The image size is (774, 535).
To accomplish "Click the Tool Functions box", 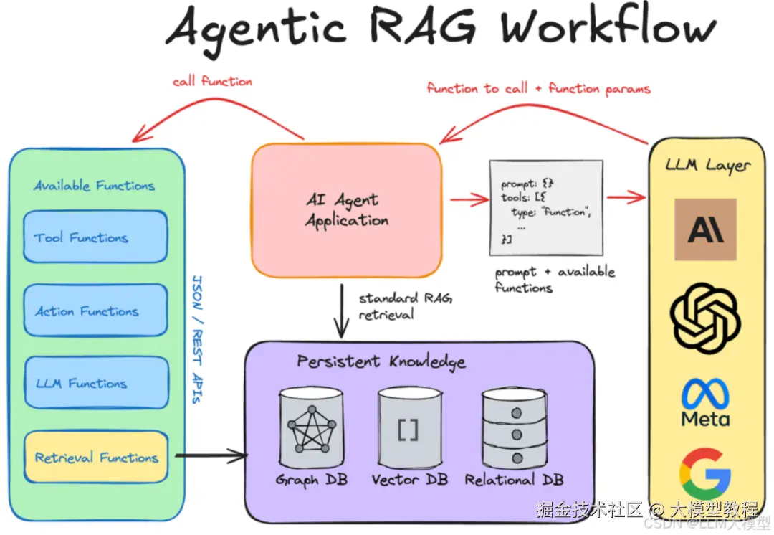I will (95, 237).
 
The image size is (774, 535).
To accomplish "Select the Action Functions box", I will (95, 311).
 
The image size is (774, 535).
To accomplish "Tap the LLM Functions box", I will (95, 383).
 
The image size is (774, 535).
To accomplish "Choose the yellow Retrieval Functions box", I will (95, 457).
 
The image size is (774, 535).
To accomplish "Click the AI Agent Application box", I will (347, 209).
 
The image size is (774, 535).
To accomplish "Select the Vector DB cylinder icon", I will (408, 428).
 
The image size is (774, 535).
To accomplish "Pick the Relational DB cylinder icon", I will (514, 428).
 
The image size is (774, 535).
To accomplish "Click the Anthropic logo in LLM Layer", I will (705, 229).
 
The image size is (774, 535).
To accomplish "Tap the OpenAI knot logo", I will (705, 316).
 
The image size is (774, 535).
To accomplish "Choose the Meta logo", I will (705, 401).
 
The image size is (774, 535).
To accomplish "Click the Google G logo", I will (705, 473).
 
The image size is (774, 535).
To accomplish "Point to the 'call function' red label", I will (212, 82).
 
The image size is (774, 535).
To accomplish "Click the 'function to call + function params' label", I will (538, 89).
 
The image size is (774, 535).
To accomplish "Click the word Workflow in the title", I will (608, 29).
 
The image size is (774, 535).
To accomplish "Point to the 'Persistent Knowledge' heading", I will (381, 361).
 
